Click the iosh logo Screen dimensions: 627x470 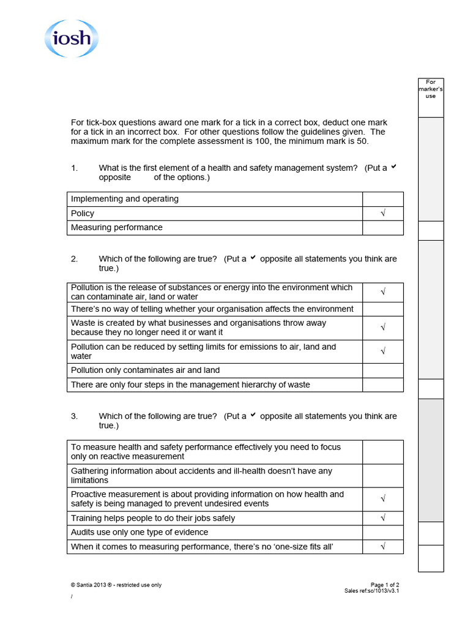pyautogui.click(x=71, y=39)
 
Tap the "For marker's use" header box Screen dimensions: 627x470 pyautogui.click(x=430, y=89)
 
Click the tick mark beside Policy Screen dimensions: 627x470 pyautogui.click(x=383, y=214)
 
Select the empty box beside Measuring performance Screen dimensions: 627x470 pyautogui.click(x=383, y=228)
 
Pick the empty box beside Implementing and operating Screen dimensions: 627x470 pyautogui.click(x=383, y=199)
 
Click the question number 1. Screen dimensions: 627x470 pyautogui.click(x=74, y=168)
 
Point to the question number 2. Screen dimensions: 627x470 pyautogui.click(x=74, y=259)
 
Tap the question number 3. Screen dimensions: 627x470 pyautogui.click(x=74, y=416)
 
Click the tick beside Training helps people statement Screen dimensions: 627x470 pyautogui.click(x=383, y=518)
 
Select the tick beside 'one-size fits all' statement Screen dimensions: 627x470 pyautogui.click(x=383, y=546)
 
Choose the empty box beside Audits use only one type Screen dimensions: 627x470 pyautogui.click(x=383, y=532)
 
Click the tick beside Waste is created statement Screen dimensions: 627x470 pyautogui.click(x=383, y=328)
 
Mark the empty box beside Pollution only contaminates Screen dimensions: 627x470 pyautogui.click(x=383, y=370)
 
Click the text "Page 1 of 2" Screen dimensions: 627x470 pyautogui.click(x=385, y=585)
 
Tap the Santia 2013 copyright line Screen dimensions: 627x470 pyautogui.click(x=116, y=585)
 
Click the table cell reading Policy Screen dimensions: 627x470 pyautogui.click(x=83, y=214)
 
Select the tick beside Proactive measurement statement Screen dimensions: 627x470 pyautogui.click(x=383, y=499)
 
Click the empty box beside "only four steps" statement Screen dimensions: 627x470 pyautogui.click(x=383, y=385)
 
